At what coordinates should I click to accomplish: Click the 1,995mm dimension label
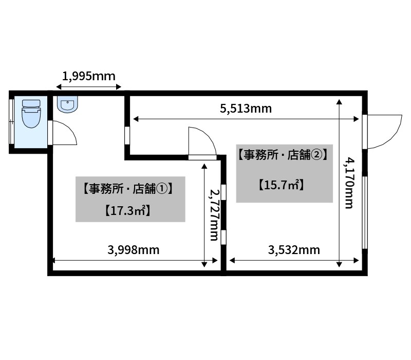coord(88,76)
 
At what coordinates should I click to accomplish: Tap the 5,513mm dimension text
coord(246,109)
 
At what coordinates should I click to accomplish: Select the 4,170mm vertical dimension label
coord(349,183)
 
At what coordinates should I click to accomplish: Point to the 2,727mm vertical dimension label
coord(214,215)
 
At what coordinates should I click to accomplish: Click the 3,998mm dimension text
coord(134,250)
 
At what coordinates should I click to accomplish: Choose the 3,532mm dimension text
coord(294,250)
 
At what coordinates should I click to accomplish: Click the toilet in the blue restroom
coord(31,114)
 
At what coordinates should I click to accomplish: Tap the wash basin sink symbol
coord(67,104)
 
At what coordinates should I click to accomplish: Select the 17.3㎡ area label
coord(127,211)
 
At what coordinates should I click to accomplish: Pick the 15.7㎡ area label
coord(282,185)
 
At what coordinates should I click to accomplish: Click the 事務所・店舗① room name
coord(127,189)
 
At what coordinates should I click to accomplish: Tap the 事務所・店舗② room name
coord(283,155)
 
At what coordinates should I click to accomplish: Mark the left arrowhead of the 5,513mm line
coord(136,119)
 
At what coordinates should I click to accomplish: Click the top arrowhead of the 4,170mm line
coord(339,102)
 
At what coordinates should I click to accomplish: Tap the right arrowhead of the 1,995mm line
coord(119,86)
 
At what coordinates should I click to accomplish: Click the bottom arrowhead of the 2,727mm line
coord(204,264)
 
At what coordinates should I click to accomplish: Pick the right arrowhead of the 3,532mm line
coord(356,261)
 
